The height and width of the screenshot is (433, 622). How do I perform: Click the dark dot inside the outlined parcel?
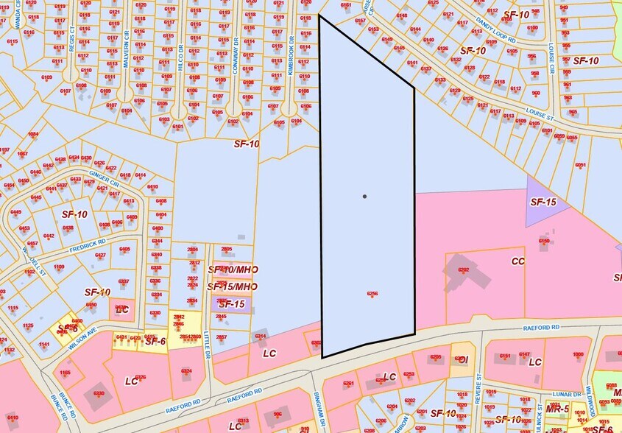coord(364,197)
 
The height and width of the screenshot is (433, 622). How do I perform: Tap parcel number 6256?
coord(372,293)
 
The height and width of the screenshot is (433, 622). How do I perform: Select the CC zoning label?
coord(518,261)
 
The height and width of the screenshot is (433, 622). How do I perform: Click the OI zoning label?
coord(463,359)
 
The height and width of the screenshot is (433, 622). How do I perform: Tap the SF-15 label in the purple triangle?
coord(543,201)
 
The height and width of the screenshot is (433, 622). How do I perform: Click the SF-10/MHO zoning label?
coord(233,270)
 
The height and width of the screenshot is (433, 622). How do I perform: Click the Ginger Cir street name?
coord(104,177)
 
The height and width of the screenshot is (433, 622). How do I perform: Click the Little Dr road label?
coord(208,343)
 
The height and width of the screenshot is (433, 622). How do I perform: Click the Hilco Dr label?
coord(180,56)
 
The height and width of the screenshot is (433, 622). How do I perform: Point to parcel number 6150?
coord(544,241)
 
